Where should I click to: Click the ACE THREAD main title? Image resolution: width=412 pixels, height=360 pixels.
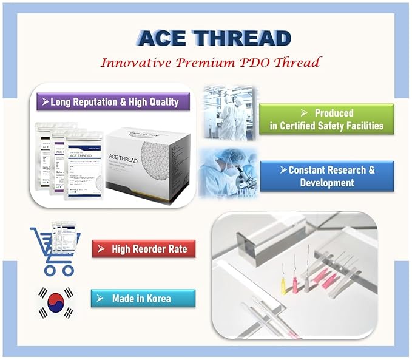tap(215, 38)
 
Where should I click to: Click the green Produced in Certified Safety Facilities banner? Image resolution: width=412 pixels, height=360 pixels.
tap(326, 119)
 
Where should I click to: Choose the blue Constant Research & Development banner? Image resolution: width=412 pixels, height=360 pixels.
tap(326, 176)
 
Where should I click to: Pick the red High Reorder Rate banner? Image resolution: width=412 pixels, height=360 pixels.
tap(144, 249)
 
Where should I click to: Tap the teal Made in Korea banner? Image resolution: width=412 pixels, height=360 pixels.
tap(143, 299)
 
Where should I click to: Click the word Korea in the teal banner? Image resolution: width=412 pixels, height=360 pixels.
tap(157, 299)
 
